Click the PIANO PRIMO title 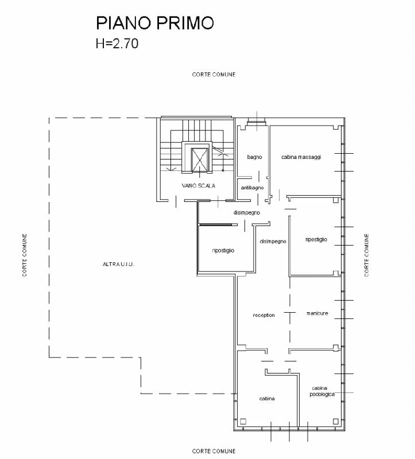point(155,23)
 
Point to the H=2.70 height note point(117,44)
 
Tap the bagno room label point(254,157)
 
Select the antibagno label point(252,188)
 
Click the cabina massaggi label point(301,157)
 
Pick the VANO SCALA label point(199,185)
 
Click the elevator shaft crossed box point(199,160)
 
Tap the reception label point(263,315)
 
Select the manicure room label point(317,313)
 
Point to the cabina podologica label point(322,391)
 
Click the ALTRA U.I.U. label point(118,264)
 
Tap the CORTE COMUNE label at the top point(214,75)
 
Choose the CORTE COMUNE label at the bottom point(214,451)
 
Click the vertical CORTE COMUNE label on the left point(25,255)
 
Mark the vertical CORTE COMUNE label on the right point(366,255)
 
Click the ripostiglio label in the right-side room point(316,239)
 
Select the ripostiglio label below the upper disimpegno point(223,251)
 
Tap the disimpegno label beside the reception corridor point(273,242)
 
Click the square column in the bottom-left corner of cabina point(243,422)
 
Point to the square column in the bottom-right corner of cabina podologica point(336,422)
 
